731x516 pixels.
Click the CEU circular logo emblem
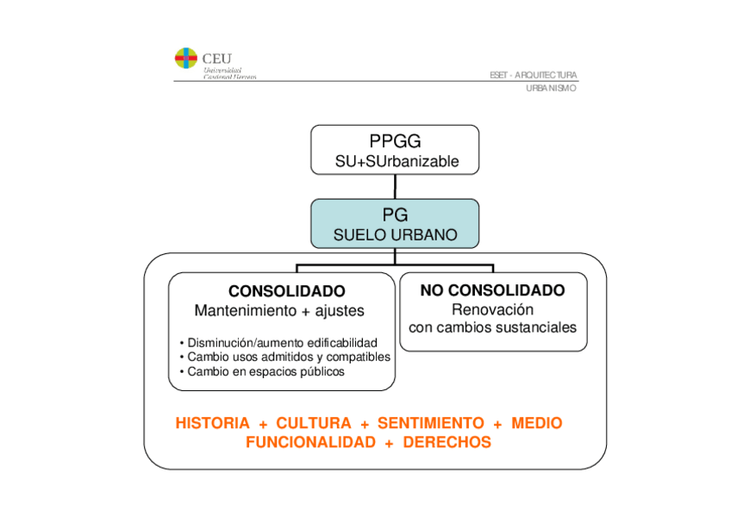click(186, 59)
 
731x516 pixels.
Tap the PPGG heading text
click(395, 142)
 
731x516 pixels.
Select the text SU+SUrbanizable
click(395, 161)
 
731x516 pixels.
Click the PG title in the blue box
click(395, 215)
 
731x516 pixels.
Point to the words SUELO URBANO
click(395, 234)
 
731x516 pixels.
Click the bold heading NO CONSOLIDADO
click(492, 290)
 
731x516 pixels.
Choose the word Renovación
click(492, 309)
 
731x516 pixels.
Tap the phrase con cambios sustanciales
click(492, 327)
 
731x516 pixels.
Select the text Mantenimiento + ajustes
click(279, 310)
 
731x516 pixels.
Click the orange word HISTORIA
click(212, 423)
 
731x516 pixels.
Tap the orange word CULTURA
click(314, 423)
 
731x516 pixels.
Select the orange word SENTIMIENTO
click(431, 423)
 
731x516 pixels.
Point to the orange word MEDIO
click(536, 423)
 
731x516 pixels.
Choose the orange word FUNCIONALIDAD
click(310, 442)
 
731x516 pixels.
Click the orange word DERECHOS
click(447, 442)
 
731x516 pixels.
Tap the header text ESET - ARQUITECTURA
click(533, 75)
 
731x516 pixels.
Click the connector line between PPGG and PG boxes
click(395, 185)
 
